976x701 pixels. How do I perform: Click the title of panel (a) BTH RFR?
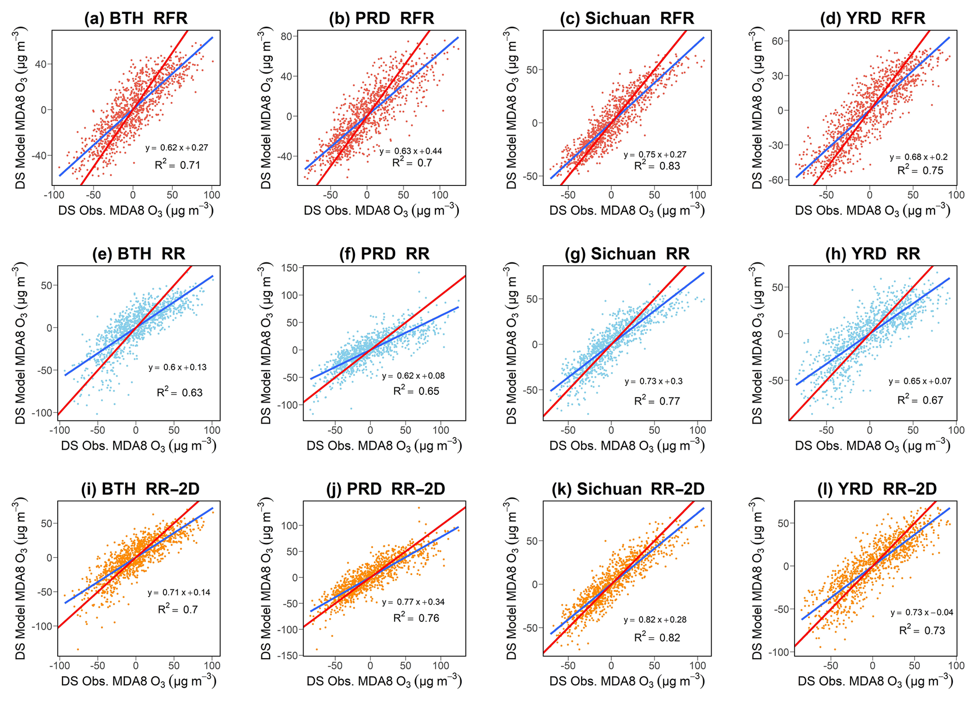tap(136, 18)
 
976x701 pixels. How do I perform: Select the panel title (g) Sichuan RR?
tap(627, 254)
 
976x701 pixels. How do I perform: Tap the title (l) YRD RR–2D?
tap(877, 489)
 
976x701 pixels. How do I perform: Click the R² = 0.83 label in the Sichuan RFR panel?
tap(657, 166)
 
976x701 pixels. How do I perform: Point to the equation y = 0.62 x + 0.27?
tap(177, 148)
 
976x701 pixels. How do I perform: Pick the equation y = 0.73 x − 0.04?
tap(922, 612)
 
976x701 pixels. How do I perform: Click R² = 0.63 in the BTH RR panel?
tap(179, 392)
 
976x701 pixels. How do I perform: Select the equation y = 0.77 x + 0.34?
tap(413, 602)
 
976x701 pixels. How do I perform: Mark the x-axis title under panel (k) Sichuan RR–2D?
tap(627, 681)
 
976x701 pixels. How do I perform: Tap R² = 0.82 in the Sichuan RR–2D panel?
tap(657, 637)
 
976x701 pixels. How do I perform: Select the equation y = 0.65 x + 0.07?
tap(920, 381)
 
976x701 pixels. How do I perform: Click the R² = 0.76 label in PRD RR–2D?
tap(416, 618)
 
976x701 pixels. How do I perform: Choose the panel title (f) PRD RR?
tap(384, 254)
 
